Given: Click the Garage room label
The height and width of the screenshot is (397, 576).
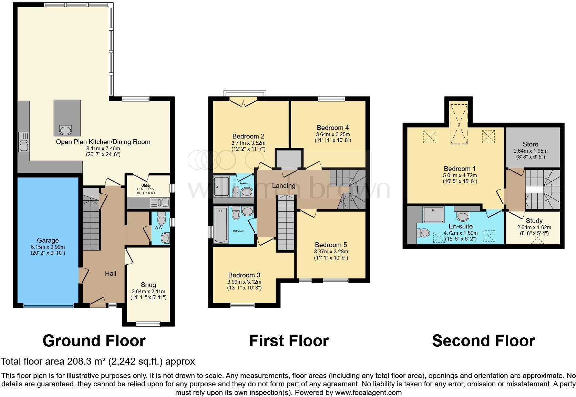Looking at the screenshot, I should tap(48, 240).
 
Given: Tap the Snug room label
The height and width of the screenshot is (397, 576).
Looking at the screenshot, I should tap(148, 285).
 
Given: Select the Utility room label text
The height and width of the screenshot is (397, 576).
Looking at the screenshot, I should tap(146, 185).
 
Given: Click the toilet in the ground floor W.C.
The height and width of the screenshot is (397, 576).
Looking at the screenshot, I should tap(161, 218).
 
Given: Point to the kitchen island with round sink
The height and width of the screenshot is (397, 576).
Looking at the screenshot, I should tap(67, 118).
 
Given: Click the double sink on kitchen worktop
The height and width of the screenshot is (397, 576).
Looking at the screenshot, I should tap(24, 142).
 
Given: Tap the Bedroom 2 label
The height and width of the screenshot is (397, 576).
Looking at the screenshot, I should tap(248, 136).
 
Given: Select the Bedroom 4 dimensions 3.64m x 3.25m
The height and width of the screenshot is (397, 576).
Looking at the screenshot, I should tap(333, 134).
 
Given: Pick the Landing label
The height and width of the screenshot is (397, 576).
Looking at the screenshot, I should tap(284, 185).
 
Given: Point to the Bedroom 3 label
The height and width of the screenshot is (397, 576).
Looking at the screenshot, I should tap(244, 275).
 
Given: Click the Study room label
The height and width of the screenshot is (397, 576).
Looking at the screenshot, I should tap(534, 221).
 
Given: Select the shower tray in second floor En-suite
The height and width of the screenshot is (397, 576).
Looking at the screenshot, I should tap(433, 214).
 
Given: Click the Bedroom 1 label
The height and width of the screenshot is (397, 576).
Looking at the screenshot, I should tap(460, 169).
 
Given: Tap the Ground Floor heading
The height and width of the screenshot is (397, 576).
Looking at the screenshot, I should tap(94, 341).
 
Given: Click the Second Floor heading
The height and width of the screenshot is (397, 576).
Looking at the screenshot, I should tap(483, 341).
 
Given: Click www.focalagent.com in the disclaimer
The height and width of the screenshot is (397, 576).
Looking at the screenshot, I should tap(368, 393).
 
